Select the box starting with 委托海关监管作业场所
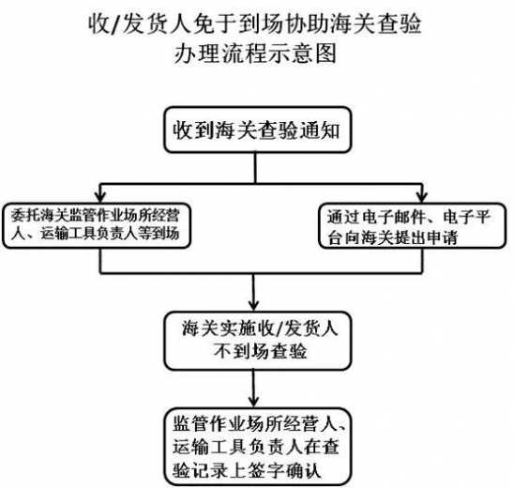[98, 222]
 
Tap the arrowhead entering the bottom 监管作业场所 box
[255, 401]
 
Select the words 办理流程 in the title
[226, 54]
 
